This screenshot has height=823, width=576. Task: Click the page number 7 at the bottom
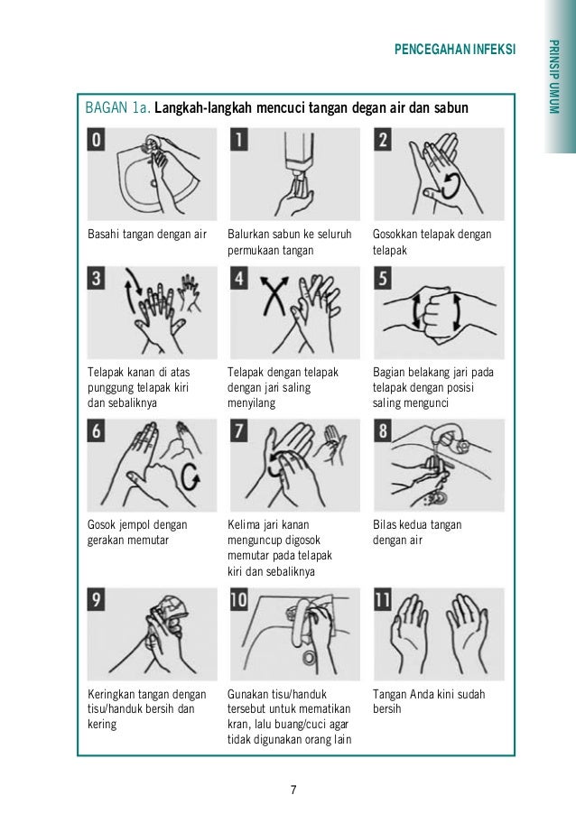(293, 790)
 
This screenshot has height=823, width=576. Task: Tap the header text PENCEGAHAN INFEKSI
(455, 50)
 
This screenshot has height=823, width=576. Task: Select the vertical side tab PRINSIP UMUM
(553, 78)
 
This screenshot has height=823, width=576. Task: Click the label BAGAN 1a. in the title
(117, 108)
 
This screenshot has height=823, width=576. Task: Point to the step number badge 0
(96, 140)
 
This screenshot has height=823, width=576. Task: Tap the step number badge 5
(383, 279)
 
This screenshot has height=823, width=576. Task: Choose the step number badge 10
(239, 600)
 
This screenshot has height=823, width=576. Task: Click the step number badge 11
(383, 600)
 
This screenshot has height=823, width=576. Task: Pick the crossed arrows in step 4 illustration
(275, 295)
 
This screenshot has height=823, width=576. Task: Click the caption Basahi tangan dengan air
(147, 234)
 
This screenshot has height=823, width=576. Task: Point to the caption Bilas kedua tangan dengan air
(417, 532)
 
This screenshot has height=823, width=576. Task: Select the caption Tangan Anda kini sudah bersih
(429, 701)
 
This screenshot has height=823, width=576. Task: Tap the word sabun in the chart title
(451, 108)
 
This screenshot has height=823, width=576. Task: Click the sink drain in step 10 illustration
(310, 658)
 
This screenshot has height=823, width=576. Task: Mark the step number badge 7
(239, 431)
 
